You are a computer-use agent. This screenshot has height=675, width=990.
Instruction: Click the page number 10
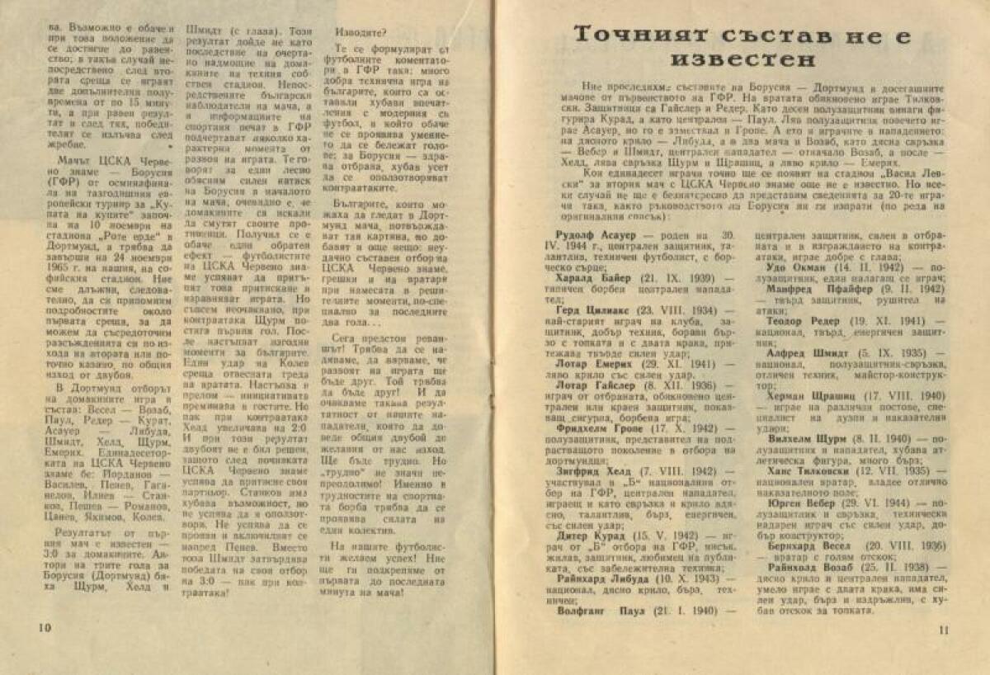45,626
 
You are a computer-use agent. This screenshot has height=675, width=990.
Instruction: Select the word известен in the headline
742,60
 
